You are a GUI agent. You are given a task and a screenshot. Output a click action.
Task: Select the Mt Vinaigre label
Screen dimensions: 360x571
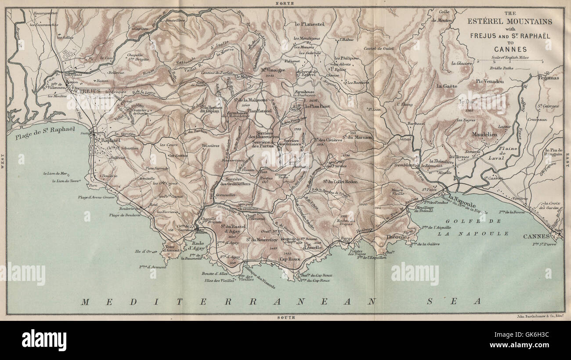273,69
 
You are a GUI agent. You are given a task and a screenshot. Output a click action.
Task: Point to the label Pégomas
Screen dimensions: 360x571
549,77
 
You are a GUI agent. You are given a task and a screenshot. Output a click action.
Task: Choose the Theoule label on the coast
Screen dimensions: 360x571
395,236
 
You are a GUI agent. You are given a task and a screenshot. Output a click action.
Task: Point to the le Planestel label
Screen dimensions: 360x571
310,24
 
